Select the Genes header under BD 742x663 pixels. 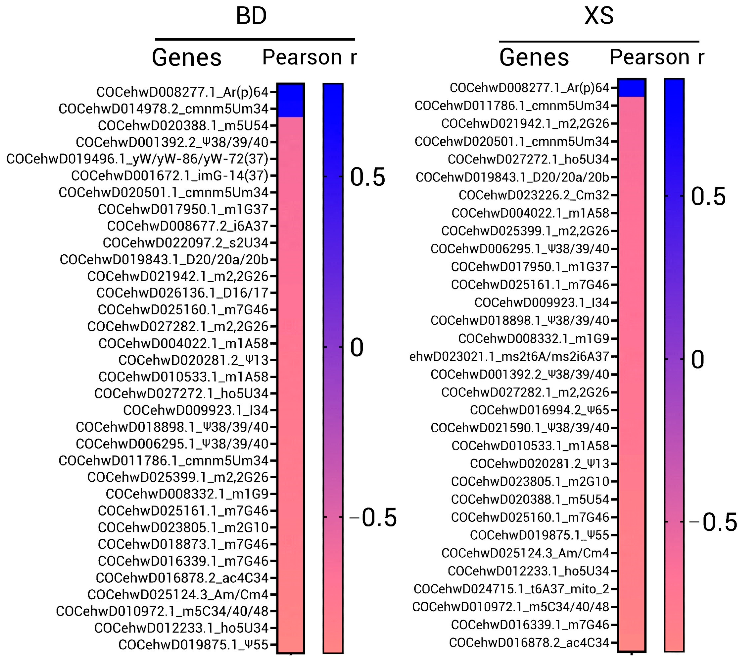pyautogui.click(x=187, y=58)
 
